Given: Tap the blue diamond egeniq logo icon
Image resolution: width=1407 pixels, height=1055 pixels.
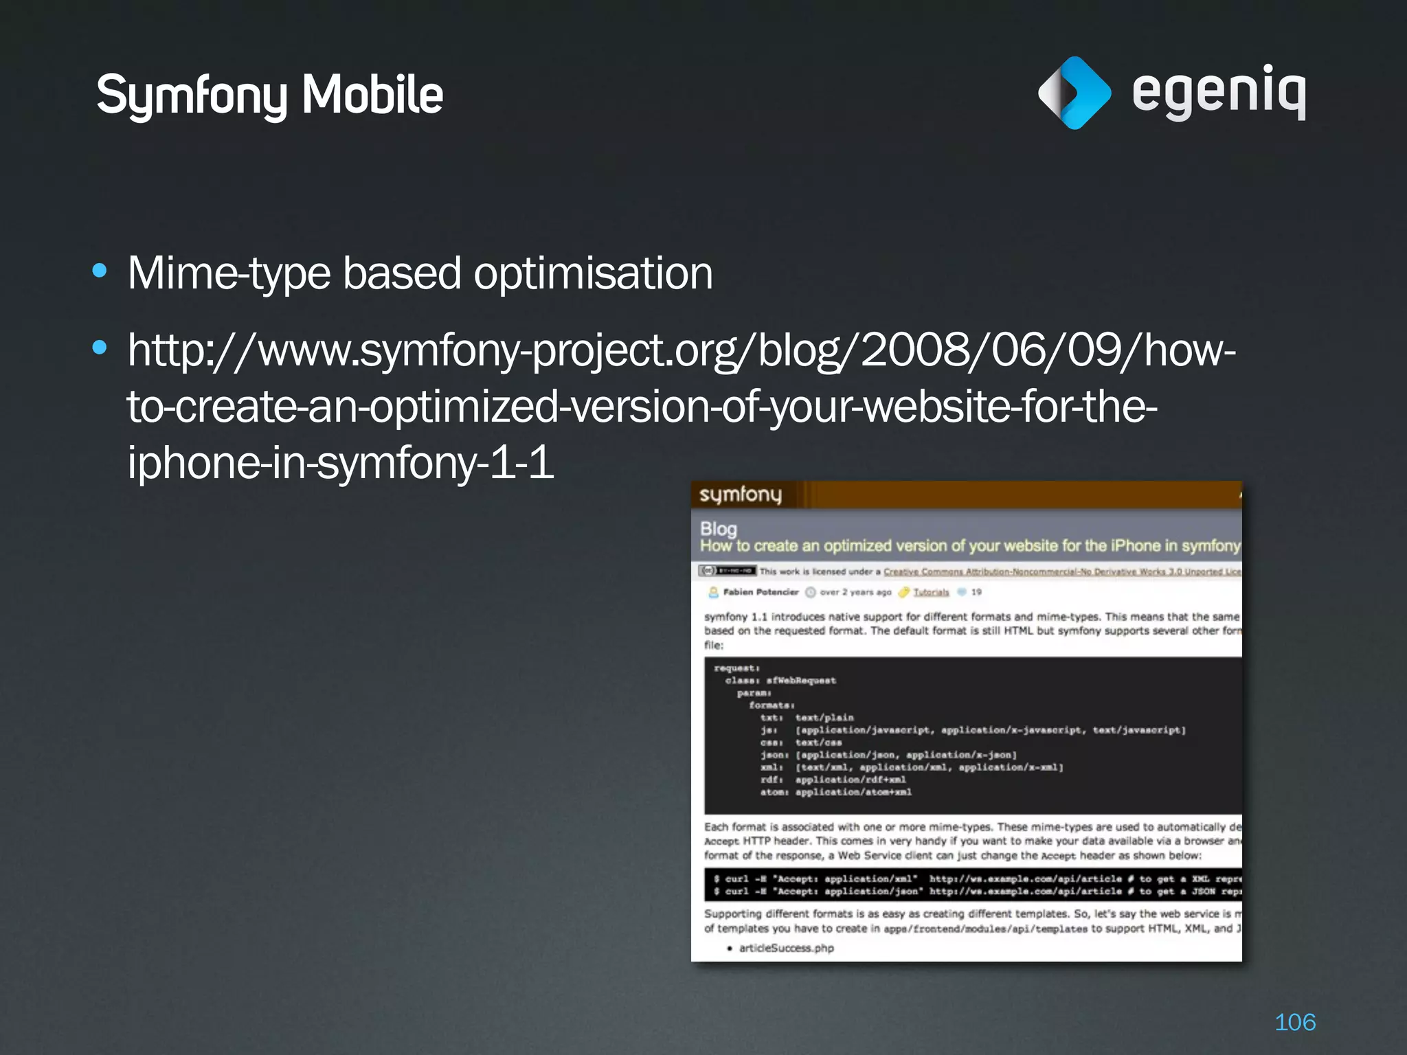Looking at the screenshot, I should (x=1074, y=93).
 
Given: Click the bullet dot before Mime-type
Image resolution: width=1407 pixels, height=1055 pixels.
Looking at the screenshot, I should (x=100, y=271).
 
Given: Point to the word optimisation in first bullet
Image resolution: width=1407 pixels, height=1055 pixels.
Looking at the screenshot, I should (x=593, y=273).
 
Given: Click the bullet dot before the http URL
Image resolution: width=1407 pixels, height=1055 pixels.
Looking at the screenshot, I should (x=100, y=348).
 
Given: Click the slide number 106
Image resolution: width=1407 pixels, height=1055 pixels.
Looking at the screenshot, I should (x=1295, y=1022).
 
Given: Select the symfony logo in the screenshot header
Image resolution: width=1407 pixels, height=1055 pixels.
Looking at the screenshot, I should (x=741, y=495).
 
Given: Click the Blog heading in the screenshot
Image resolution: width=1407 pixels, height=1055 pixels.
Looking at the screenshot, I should (x=719, y=529).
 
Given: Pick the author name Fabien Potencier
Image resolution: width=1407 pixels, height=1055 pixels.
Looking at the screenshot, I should (x=761, y=592).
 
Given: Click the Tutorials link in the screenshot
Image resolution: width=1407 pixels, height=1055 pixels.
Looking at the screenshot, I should (x=931, y=592).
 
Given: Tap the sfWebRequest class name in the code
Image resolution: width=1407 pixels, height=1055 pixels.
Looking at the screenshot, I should (x=801, y=681).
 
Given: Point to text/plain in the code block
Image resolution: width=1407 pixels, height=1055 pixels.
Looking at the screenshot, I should (x=824, y=718).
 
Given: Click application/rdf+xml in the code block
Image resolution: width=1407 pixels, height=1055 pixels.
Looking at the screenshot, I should (x=851, y=780).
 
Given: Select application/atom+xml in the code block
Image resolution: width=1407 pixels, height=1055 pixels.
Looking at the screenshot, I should (x=853, y=792).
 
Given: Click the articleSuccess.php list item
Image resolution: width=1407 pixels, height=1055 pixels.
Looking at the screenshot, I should (x=786, y=949).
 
